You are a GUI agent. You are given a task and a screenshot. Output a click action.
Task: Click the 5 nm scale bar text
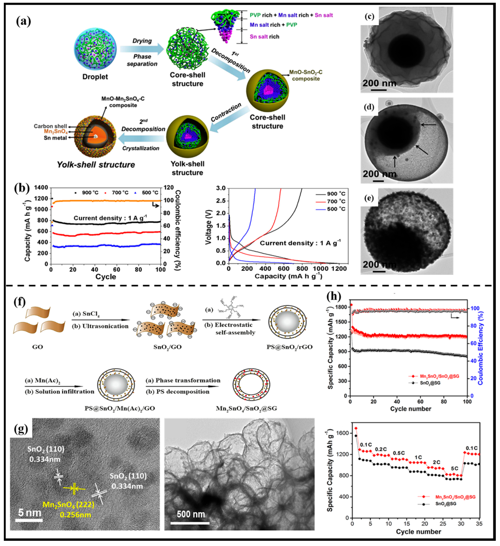click(x=30, y=513)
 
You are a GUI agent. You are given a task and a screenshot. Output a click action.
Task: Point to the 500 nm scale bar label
click(x=191, y=514)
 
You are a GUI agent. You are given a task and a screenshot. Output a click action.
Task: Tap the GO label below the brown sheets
click(x=37, y=347)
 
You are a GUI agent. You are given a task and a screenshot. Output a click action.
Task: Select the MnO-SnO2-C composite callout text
click(x=306, y=76)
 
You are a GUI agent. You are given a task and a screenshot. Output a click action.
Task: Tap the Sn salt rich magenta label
click(x=264, y=37)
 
